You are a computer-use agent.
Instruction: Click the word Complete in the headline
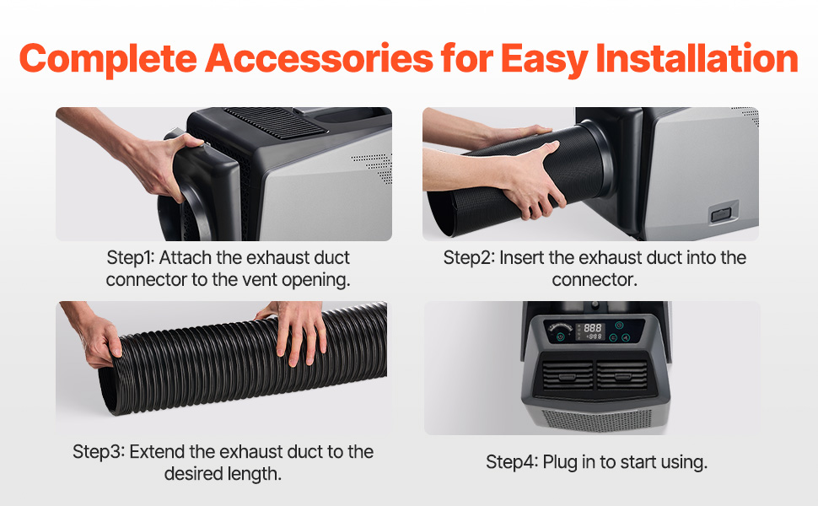coord(108,58)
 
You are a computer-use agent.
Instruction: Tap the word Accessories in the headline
coord(320,57)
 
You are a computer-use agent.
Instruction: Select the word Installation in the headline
coord(697,57)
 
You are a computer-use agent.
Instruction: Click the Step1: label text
coord(131,258)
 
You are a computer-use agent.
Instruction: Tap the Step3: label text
coord(99,452)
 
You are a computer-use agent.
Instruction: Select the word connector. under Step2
coord(595,280)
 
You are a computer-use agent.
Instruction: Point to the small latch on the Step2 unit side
coord(721,214)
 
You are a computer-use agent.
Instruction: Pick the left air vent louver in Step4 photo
coord(567,375)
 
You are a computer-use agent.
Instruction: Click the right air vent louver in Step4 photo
coord(622,375)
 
